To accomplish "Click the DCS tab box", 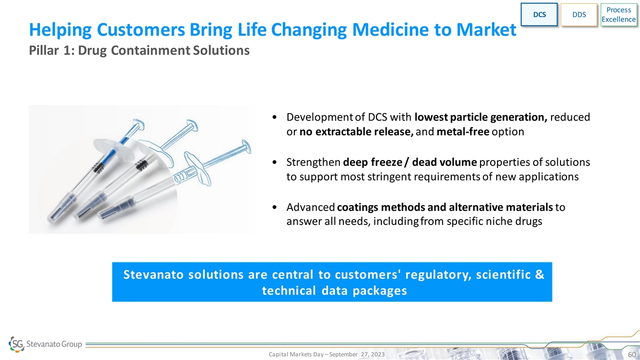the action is (x=539, y=14).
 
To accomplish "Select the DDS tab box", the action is (x=579, y=14).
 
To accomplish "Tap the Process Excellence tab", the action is (x=619, y=14).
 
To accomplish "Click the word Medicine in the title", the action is (x=390, y=29).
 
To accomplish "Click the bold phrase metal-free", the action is (x=463, y=132).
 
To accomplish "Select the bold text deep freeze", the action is (x=372, y=162).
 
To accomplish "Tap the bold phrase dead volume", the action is (x=444, y=162).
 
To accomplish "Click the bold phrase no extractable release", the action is (x=356, y=132).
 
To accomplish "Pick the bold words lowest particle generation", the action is (x=481, y=117).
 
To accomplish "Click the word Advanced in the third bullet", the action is (x=310, y=207).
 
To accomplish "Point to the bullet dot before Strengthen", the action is (x=275, y=162).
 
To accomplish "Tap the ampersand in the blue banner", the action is (x=539, y=274).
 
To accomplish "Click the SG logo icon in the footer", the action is (x=17, y=344).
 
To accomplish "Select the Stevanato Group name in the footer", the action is (x=54, y=344).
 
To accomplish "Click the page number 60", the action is (x=631, y=355).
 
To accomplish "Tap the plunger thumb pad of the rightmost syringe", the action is (x=246, y=147).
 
